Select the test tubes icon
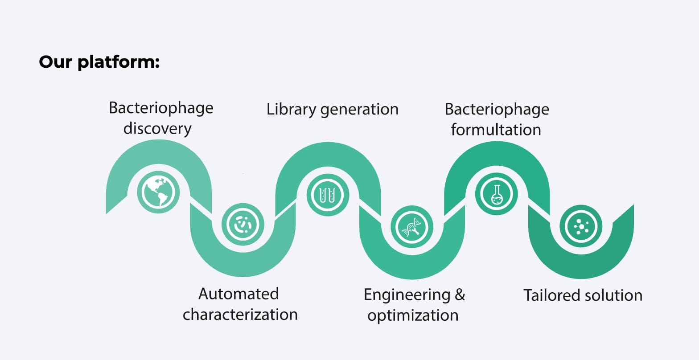(x=327, y=194)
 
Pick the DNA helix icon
(x=412, y=226)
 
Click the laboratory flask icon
(x=496, y=194)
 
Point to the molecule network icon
(x=581, y=226)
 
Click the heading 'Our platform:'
(x=99, y=62)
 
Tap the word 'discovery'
(x=157, y=129)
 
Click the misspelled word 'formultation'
(x=496, y=130)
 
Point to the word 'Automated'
(x=238, y=294)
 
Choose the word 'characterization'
(x=240, y=315)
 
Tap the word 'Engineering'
(x=407, y=295)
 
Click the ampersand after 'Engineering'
(x=460, y=295)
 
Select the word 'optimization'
(x=413, y=315)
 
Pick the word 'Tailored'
(x=552, y=295)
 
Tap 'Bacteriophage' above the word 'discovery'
(x=161, y=108)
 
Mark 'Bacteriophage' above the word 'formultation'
(x=497, y=110)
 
